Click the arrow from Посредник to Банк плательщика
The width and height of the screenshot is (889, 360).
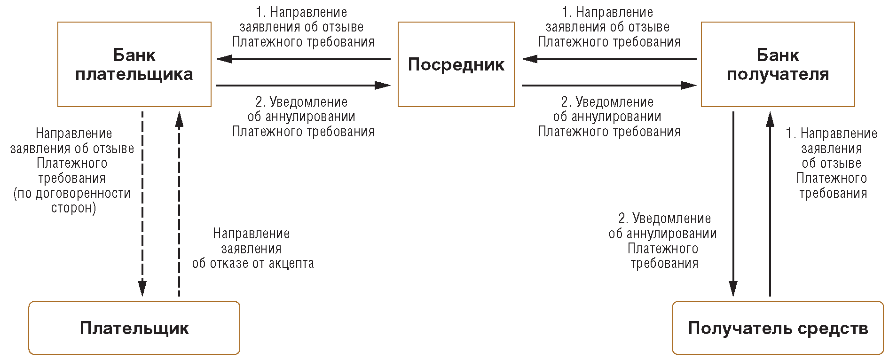[x=303, y=59]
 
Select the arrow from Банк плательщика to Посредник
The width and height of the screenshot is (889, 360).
[x=303, y=86]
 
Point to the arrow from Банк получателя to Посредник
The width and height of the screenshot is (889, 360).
[x=609, y=59]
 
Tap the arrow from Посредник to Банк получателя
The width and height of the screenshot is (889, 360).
[x=609, y=86]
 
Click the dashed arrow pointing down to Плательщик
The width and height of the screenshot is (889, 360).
[x=142, y=204]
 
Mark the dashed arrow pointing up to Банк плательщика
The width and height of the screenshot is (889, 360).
[x=179, y=204]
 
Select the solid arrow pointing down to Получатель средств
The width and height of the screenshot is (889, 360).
[x=733, y=204]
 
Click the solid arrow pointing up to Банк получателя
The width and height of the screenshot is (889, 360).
[x=770, y=204]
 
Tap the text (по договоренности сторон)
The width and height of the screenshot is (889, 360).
[x=72, y=201]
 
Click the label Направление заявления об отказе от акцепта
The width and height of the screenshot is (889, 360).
[x=252, y=248]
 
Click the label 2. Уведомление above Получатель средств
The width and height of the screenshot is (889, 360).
[x=664, y=219]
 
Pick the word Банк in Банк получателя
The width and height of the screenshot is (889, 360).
[x=778, y=55]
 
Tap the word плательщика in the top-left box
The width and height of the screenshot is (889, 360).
[x=134, y=75]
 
